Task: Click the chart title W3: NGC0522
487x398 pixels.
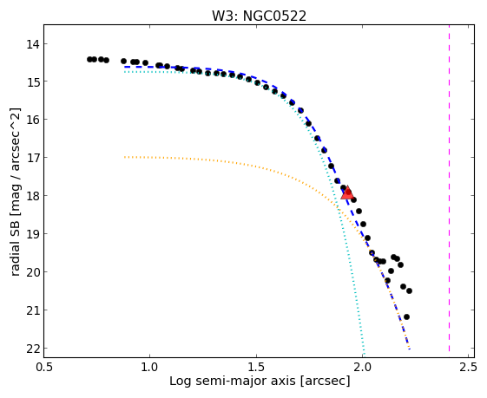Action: point(259,16)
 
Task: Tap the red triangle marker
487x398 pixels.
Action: point(347,192)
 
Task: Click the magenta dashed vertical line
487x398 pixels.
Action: point(449,188)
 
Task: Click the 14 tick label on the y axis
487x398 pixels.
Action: point(33,43)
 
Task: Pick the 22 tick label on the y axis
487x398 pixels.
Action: point(33,349)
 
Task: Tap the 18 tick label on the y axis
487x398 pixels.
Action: point(33,196)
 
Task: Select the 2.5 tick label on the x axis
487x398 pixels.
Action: point(468,367)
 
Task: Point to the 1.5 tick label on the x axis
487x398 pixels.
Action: point(256,367)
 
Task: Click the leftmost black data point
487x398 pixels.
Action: point(89,59)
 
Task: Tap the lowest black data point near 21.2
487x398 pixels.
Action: point(406,316)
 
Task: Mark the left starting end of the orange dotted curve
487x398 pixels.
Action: point(125,157)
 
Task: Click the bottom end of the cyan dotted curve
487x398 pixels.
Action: point(364,354)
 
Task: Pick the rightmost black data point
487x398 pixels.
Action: point(410,290)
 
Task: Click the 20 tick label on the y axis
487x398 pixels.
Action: point(33,272)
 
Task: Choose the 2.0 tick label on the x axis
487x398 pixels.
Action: point(362,367)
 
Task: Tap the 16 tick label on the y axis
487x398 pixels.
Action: point(33,120)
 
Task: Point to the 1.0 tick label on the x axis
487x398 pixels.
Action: point(150,367)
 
